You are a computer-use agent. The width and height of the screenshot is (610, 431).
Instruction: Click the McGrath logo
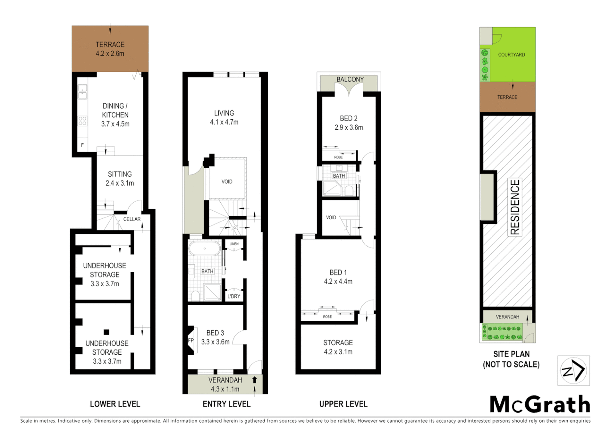(540, 405)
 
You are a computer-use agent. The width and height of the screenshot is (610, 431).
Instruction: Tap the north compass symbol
(573, 371)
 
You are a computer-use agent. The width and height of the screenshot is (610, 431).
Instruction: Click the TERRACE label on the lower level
(110, 45)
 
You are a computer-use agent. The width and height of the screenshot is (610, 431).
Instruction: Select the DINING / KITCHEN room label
(115, 115)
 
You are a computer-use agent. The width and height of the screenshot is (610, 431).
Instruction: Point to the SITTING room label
(120, 174)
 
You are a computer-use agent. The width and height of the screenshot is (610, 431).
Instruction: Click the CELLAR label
(132, 219)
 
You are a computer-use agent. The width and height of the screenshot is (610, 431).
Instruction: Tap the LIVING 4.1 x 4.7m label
(224, 118)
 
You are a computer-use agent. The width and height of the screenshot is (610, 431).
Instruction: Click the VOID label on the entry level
(227, 182)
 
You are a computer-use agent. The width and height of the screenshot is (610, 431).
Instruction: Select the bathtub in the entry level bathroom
(204, 249)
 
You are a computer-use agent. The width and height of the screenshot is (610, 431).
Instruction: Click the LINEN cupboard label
(234, 244)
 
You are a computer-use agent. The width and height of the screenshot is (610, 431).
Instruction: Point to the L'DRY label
(234, 296)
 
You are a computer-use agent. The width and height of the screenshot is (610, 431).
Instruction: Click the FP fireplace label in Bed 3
(191, 340)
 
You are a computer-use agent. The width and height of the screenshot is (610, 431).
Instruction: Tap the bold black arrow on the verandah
(254, 380)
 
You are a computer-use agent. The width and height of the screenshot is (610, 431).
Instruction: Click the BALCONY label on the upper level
(350, 79)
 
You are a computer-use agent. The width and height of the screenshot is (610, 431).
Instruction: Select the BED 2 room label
(349, 119)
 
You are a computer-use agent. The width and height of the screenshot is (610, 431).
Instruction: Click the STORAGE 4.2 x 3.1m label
(338, 347)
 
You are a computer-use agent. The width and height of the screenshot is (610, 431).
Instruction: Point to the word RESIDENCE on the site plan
(515, 207)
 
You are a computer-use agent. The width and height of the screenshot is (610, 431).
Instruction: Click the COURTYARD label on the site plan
(511, 55)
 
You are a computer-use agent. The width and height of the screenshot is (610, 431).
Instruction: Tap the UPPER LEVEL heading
(343, 404)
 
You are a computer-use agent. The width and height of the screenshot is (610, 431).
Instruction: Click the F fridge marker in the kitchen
(83, 145)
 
